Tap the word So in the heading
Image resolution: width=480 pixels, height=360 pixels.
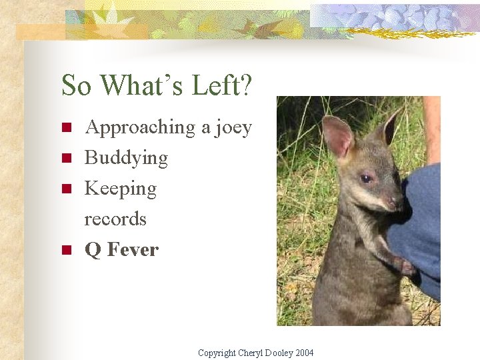click(77, 86)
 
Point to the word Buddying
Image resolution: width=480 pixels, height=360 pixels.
click(126, 159)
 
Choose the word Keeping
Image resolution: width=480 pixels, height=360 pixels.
click(121, 189)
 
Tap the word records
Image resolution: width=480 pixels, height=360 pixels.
click(115, 219)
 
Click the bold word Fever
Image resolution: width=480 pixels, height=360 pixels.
click(133, 250)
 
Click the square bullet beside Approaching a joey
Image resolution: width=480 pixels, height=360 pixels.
click(66, 127)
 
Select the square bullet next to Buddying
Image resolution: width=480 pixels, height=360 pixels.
click(66, 158)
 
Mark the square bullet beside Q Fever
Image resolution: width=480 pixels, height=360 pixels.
click(66, 251)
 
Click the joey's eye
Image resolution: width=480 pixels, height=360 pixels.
click(365, 179)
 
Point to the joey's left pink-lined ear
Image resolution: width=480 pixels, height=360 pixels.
click(338, 136)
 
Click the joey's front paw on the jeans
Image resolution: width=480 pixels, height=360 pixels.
click(405, 267)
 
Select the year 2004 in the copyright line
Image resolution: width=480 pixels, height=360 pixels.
click(303, 353)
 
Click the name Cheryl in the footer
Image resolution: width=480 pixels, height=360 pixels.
click(251, 353)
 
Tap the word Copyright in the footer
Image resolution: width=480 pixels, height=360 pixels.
click(217, 353)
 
